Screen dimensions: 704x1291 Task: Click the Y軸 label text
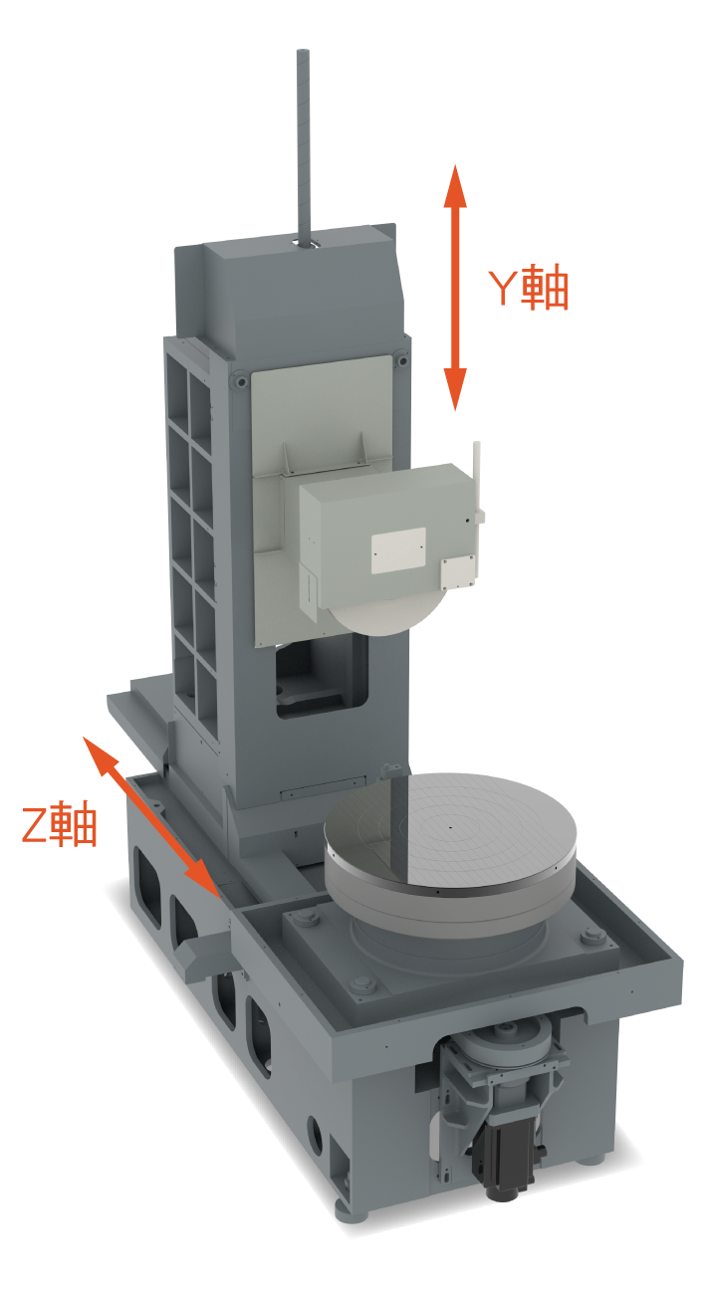[x=528, y=287]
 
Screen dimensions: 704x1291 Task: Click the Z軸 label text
[x=59, y=825]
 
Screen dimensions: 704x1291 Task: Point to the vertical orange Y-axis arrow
[x=455, y=288]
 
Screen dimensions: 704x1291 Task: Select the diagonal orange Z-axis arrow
[x=151, y=817]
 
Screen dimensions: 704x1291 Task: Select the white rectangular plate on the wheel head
[x=398, y=550]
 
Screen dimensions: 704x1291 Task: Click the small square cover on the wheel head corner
[x=458, y=573]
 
